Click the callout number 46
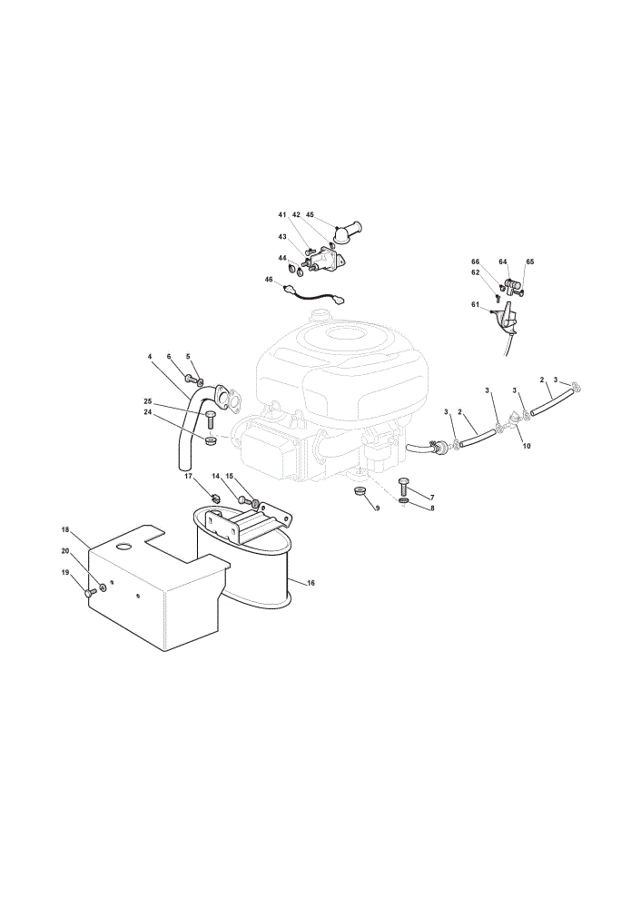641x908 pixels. pos(269,279)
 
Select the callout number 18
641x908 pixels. pos(64,529)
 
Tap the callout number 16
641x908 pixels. pos(311,583)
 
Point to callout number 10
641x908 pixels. pos(527,446)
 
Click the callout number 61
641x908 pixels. pos(476,304)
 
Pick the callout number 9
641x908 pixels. pos(378,508)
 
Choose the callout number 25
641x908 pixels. pos(148,400)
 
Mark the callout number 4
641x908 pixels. pos(150,357)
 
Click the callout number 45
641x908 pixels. pos(310,214)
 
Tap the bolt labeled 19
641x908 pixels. pos(89,592)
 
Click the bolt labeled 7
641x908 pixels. pos(404,485)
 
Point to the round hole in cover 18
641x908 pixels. pos(124,546)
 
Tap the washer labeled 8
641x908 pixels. pos(404,499)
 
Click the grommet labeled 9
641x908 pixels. pos(360,491)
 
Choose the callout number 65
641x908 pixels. pos(530,262)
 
